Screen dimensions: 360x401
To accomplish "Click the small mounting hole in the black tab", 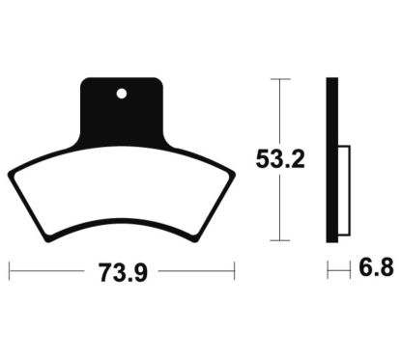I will [x=122, y=94].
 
